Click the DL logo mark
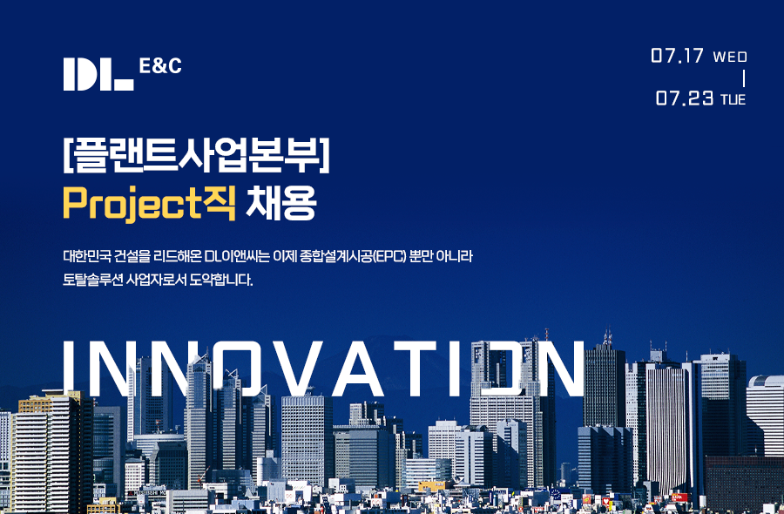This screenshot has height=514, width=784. click(98, 74)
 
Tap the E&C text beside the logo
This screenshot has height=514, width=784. click(160, 65)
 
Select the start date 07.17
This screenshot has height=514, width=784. click(677, 56)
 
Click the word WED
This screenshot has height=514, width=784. click(730, 57)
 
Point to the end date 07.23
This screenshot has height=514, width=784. click(685, 98)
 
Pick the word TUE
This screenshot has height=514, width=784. click(733, 99)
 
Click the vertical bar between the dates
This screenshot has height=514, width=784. click(744, 78)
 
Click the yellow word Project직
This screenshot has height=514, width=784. click(149, 203)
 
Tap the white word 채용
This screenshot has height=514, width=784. click(281, 202)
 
